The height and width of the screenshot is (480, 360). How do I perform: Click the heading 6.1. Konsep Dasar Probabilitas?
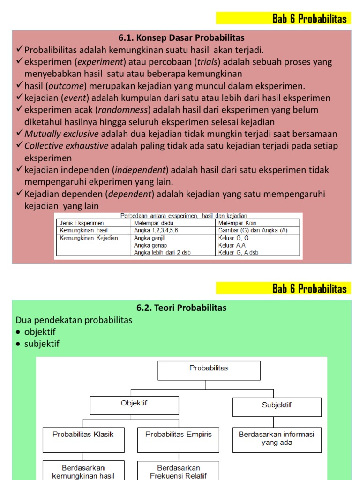click(x=181, y=38)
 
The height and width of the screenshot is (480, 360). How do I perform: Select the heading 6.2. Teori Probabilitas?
click(x=181, y=308)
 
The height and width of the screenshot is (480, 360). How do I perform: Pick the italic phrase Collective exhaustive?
click(x=66, y=146)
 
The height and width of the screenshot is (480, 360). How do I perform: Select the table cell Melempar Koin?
click(x=237, y=223)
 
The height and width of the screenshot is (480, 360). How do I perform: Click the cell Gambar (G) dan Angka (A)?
click(x=253, y=230)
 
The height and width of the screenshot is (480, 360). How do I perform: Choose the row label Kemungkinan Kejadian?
click(x=88, y=238)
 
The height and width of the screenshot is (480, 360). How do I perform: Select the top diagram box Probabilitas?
click(x=209, y=370)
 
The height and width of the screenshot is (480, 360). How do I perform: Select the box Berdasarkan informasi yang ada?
click(x=277, y=439)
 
